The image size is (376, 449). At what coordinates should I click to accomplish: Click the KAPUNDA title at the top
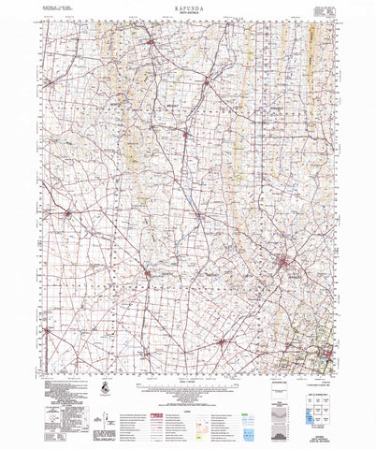tap(187, 15)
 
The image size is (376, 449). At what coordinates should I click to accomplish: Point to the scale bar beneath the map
tap(187, 374)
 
